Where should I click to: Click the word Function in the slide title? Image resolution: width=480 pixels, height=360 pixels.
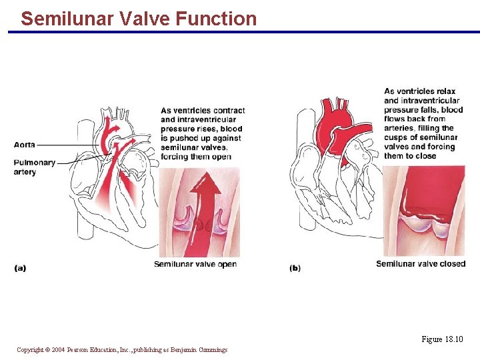coord(216,19)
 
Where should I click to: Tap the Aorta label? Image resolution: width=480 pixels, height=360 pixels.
coord(25,145)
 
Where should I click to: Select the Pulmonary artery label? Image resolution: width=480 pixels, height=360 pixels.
coord(35,167)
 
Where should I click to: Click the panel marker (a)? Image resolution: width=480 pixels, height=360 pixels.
coord(20,268)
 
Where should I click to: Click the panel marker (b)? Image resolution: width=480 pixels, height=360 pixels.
coord(295,268)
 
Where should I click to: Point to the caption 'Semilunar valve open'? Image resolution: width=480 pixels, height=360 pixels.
coord(195,264)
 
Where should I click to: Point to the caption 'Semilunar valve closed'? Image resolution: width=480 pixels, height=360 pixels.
coord(421,264)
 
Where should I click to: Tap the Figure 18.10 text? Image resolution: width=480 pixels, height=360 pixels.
coord(441,340)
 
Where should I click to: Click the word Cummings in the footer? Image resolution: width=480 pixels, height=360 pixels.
coord(212,349)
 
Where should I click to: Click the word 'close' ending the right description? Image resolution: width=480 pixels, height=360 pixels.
coord(425,156)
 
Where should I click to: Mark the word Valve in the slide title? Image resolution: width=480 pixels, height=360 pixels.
coord(146,19)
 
